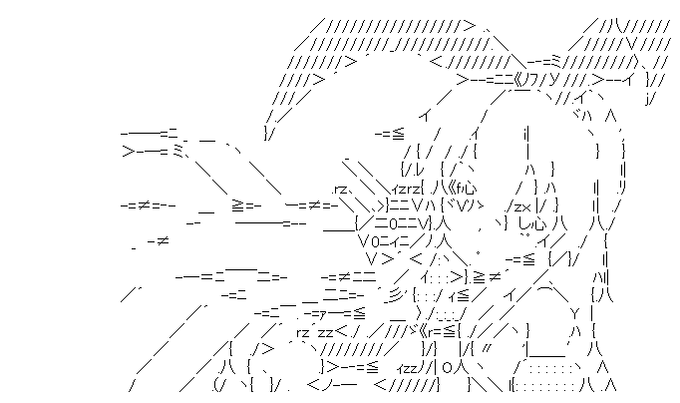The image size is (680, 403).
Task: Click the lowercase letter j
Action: [650, 97]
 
